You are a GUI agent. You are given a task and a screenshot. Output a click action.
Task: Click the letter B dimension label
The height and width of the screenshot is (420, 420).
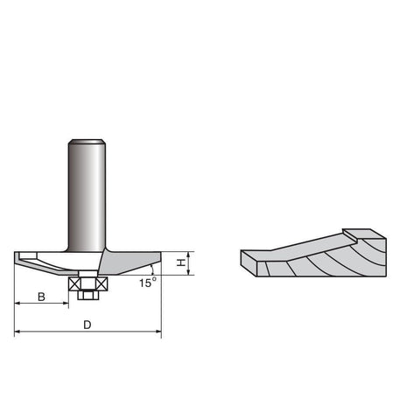pyautogui.click(x=41, y=297)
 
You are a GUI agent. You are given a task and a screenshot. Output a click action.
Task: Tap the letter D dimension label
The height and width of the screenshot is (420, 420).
pyautogui.click(x=87, y=325)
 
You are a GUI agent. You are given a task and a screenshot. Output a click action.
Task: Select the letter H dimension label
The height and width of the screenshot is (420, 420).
pyautogui.click(x=181, y=262)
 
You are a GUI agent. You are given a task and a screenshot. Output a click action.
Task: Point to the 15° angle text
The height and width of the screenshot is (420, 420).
pyautogui.click(x=147, y=283)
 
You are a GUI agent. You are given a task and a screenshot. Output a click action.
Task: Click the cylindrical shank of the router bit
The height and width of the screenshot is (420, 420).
pyautogui.click(x=87, y=195)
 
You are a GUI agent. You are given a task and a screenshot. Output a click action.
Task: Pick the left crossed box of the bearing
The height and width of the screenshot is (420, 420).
pyautogui.click(x=73, y=283)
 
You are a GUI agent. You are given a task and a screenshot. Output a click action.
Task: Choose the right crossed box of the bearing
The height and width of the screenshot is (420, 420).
pyautogui.click(x=102, y=283)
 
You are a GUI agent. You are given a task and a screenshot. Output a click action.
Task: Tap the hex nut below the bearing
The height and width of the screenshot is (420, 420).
pyautogui.click(x=88, y=295)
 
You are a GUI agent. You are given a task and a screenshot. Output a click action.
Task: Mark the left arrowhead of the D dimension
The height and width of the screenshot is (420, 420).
pyautogui.click(x=17, y=332)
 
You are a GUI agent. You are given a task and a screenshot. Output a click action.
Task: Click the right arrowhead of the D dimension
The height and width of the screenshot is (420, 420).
pyautogui.click(x=158, y=332)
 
